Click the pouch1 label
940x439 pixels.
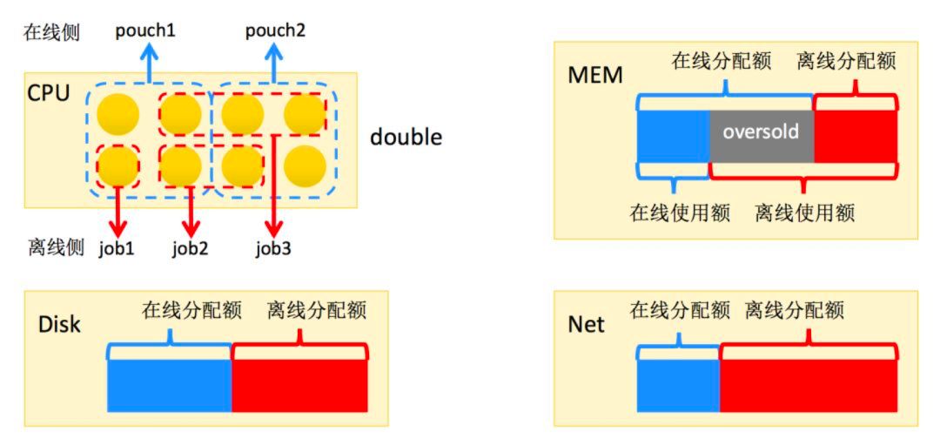tap(145, 30)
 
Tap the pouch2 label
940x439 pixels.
tap(275, 30)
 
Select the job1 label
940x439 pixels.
tap(117, 248)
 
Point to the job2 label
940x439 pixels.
tap(190, 248)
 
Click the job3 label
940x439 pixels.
tap(272, 248)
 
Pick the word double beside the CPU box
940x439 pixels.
tap(406, 137)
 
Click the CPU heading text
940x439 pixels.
tap(49, 92)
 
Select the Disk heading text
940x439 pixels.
tap(59, 324)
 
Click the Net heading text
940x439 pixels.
tap(586, 324)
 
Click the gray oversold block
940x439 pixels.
tap(762, 135)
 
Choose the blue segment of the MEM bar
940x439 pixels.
tap(674, 135)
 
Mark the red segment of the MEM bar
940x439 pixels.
tap(855, 135)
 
